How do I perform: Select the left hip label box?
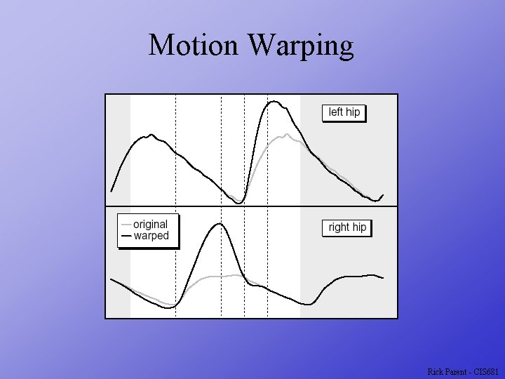coord(344,112)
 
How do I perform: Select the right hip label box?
coord(347,227)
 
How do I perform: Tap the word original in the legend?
coord(150,225)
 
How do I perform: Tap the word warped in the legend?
coord(151,236)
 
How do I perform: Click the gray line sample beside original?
coord(126,225)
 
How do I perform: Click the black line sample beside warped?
coord(126,236)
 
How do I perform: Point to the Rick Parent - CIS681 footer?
coord(463,371)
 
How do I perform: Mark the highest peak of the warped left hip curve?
coord(274,102)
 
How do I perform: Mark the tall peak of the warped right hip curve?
coord(220,224)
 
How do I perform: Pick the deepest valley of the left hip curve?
coord(239,203)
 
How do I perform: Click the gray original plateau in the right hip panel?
coord(221,277)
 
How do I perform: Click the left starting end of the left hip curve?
coord(112,190)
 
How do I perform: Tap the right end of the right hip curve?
coord(383,278)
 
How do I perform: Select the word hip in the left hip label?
coord(353,112)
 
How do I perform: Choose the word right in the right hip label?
coord(339,227)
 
